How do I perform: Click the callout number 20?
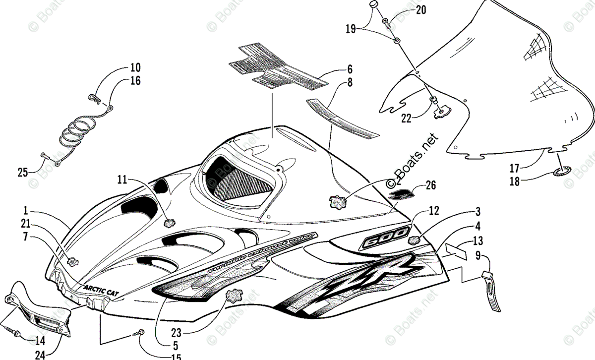point(420,9)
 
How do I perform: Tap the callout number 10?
point(135,67)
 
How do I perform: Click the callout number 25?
point(22,172)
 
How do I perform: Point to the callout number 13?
point(477,241)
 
